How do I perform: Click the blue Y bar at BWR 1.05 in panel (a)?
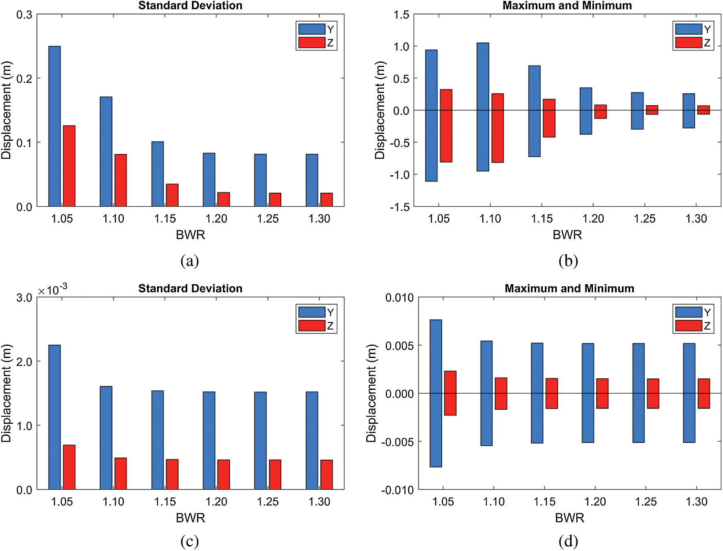[x=54, y=126]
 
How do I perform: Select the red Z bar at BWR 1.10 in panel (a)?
[x=121, y=180]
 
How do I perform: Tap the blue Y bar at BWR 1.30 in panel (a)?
[x=312, y=180]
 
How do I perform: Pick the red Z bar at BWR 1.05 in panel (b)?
[x=446, y=126]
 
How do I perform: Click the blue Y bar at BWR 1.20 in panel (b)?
[x=586, y=111]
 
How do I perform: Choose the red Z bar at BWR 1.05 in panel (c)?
[x=69, y=467]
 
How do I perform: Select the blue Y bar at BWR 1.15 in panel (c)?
[x=157, y=440]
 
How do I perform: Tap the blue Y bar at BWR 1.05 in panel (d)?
[x=436, y=393]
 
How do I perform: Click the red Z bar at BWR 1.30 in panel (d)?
[x=704, y=394]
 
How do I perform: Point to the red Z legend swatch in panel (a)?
[x=312, y=43]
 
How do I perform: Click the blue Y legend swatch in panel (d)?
[x=689, y=312]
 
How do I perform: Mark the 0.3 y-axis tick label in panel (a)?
[x=24, y=15]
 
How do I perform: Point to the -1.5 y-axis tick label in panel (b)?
[x=399, y=207]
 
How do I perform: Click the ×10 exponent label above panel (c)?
[x=53, y=290]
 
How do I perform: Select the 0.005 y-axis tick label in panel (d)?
[x=399, y=346]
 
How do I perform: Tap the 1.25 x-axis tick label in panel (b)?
[x=644, y=219]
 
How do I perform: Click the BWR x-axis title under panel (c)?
[x=190, y=518]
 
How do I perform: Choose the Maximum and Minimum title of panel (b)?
[x=567, y=5]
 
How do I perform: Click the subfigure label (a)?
[x=190, y=261]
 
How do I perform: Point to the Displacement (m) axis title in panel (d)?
[x=371, y=393]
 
